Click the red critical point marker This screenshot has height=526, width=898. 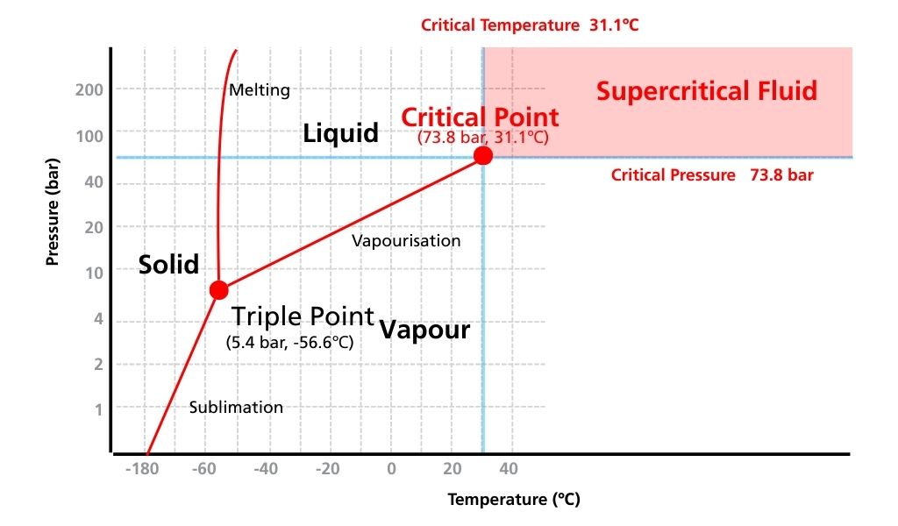coord(482,155)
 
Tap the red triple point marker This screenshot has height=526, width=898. coord(219,289)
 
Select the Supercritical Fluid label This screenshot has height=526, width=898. coord(707,91)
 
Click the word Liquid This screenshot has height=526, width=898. coord(340,133)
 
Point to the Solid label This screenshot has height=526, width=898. coord(168,264)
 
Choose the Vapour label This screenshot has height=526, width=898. coord(424,331)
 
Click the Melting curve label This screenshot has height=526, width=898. coord(259,89)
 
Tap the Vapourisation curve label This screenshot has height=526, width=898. coord(406,240)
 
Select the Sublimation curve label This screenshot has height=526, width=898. coord(236,407)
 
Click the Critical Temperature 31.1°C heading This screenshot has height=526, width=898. coord(530,25)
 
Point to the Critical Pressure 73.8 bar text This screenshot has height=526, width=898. coord(712,175)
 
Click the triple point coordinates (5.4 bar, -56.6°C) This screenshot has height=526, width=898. coord(289,343)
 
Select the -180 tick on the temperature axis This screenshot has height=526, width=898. coord(141,469)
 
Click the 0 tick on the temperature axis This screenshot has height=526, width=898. coord(391,469)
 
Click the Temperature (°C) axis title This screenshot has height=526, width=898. coord(514,500)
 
